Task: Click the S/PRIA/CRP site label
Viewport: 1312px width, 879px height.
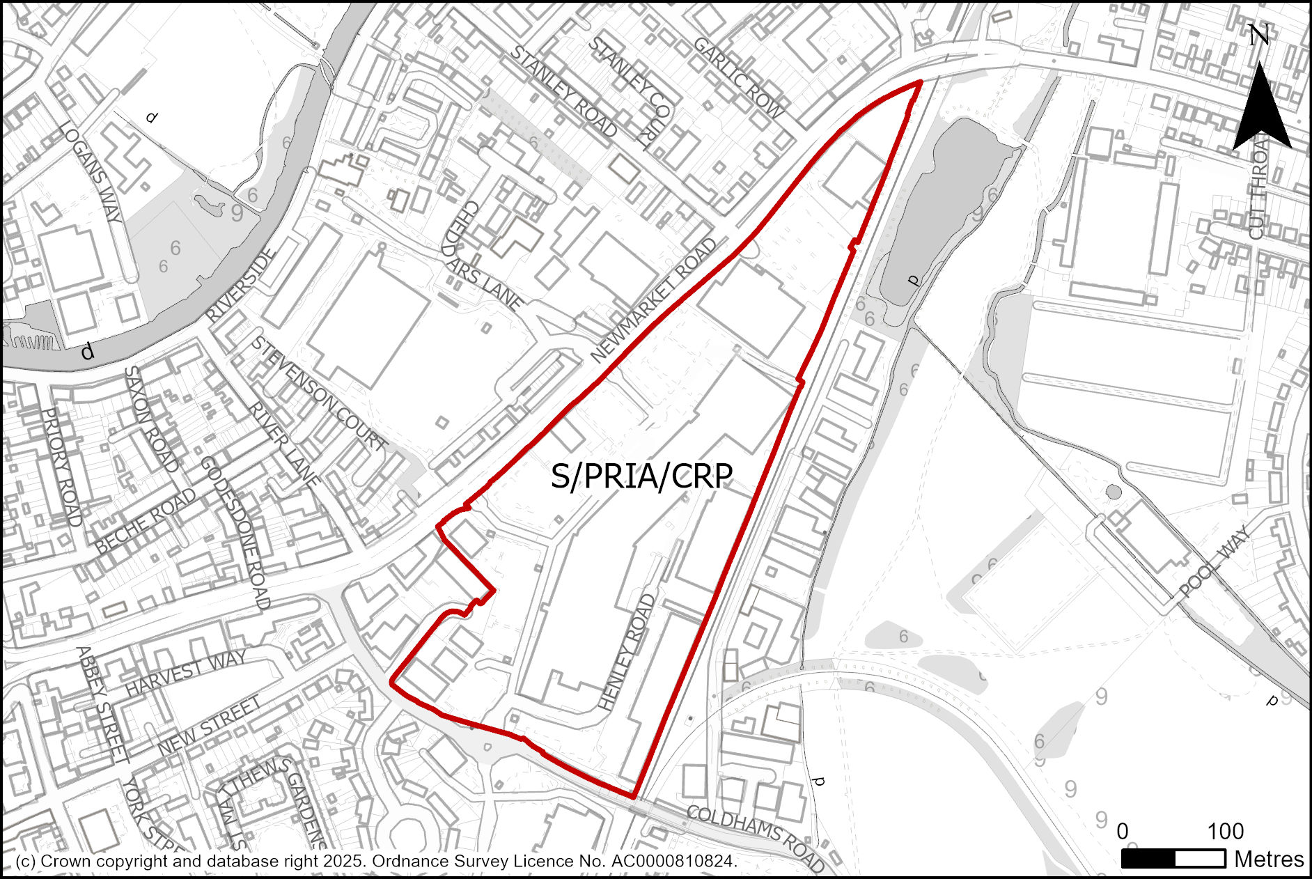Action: [641, 476]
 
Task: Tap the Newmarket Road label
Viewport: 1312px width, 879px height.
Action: [654, 301]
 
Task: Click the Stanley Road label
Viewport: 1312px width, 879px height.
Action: [563, 91]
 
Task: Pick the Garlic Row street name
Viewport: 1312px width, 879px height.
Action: [739, 77]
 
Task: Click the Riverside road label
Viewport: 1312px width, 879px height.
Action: [241, 285]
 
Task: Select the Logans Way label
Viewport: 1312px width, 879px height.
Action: [91, 171]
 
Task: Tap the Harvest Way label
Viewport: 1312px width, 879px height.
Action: [185, 672]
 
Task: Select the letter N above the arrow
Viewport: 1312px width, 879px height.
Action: [1258, 35]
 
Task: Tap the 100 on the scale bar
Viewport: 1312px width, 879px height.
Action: [1225, 831]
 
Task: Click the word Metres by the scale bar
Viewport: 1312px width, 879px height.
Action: [1269, 859]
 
